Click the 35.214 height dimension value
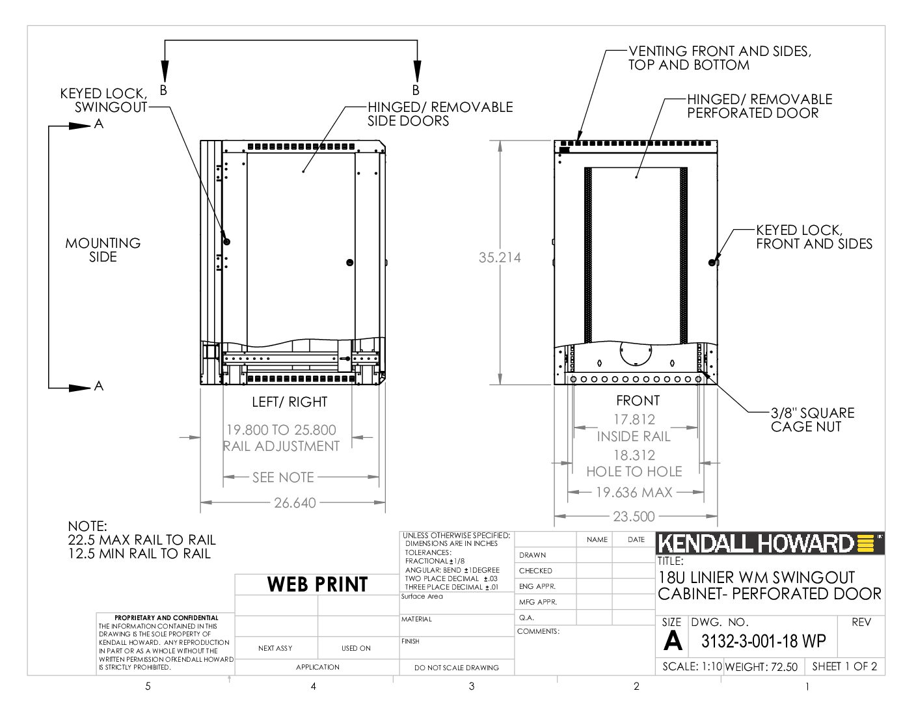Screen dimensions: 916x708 (x=500, y=258)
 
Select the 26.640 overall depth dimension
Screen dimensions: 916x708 (x=295, y=502)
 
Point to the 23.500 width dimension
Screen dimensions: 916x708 (x=634, y=517)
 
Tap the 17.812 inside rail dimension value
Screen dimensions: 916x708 (x=634, y=420)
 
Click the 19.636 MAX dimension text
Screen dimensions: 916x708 (x=634, y=493)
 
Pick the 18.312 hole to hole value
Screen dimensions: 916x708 (x=634, y=456)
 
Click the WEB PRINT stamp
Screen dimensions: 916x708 (x=317, y=584)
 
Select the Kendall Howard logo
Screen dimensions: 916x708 (x=770, y=543)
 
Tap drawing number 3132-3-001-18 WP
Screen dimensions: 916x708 (x=763, y=641)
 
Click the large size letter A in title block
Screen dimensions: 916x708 (x=672, y=641)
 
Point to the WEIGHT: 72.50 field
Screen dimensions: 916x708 (x=761, y=667)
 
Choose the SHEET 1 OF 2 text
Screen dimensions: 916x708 (x=844, y=666)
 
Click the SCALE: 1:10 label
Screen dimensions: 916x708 (x=692, y=666)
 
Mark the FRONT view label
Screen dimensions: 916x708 (x=638, y=401)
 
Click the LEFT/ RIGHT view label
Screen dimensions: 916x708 (x=290, y=402)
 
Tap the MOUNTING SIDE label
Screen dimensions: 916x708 (x=103, y=250)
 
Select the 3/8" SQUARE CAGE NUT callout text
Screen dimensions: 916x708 (x=813, y=420)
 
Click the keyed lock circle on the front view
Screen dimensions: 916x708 (x=712, y=263)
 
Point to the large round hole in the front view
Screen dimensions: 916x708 (x=636, y=353)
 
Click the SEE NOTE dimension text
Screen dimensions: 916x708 (x=283, y=478)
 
